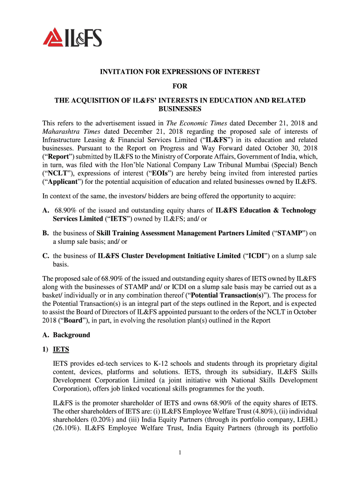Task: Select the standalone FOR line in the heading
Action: [180, 87]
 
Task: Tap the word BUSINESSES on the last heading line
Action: [180, 109]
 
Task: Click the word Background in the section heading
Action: [71, 335]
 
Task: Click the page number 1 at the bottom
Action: [180, 453]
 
